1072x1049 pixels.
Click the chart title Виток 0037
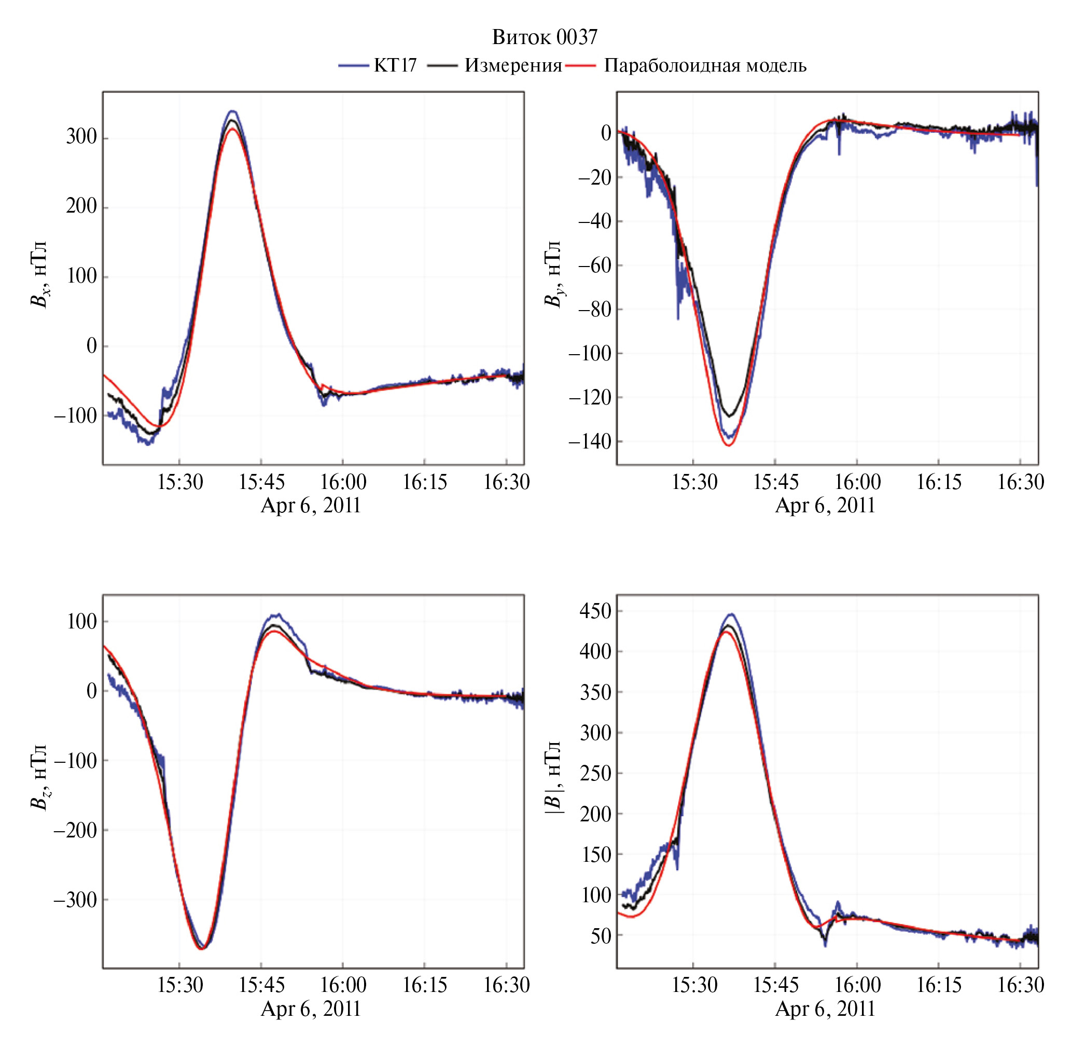tap(544, 37)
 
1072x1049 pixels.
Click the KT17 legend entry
tap(395, 65)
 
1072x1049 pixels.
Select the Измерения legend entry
tap(512, 65)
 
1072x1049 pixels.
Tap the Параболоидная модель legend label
tap(704, 65)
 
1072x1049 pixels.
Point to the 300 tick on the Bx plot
tap(81, 137)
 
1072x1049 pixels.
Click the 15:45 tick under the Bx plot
tap(261, 483)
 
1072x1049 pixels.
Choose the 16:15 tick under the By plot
tap(939, 483)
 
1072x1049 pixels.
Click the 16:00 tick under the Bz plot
tap(343, 985)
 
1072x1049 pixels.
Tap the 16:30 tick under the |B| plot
tap(1020, 985)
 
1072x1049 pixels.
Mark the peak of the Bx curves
tap(232, 112)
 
